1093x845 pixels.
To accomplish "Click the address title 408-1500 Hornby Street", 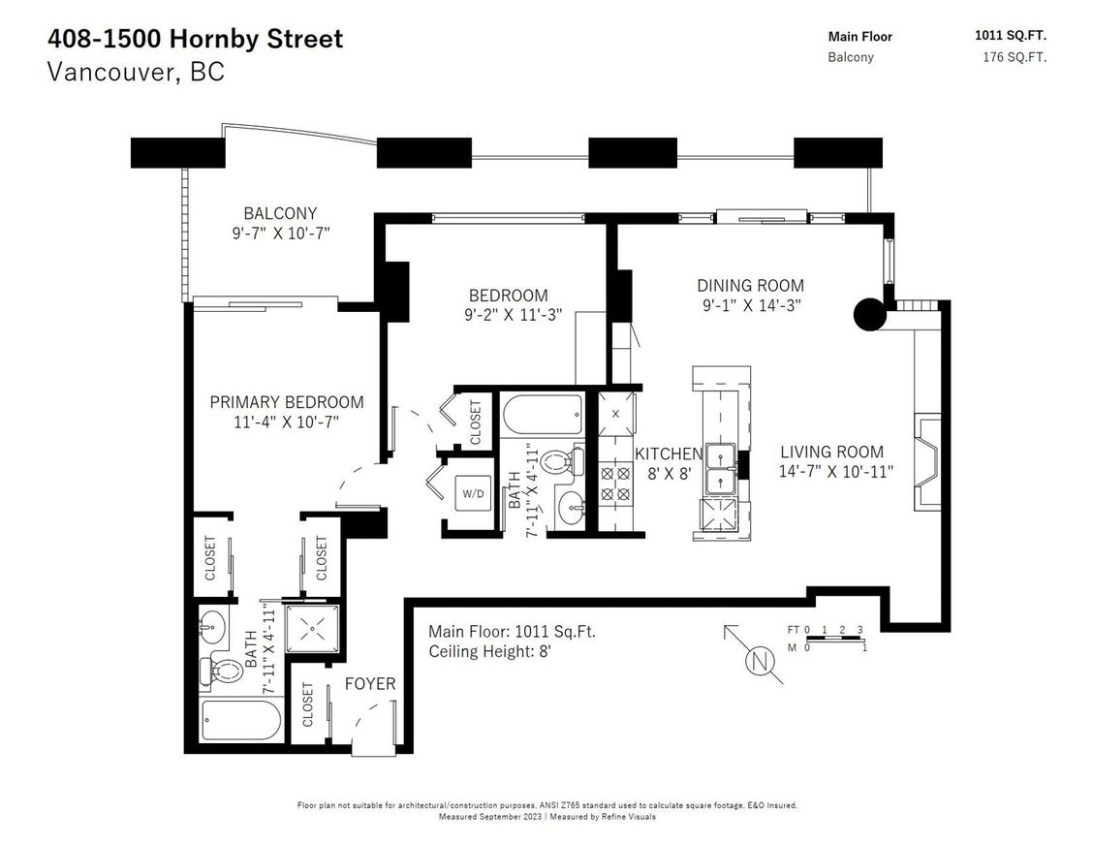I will (195, 40).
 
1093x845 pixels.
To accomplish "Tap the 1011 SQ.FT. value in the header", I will (1010, 36).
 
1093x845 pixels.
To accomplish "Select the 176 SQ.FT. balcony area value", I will (1014, 57).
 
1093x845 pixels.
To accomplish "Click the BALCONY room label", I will (280, 213).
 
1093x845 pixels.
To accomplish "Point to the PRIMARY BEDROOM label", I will (287, 402).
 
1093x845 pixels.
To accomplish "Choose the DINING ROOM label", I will (750, 286).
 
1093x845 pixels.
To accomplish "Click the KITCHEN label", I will (668, 454).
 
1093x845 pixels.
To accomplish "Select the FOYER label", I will (370, 684).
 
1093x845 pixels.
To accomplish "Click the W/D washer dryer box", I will (474, 493).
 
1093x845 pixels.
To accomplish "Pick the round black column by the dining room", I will (869, 314).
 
